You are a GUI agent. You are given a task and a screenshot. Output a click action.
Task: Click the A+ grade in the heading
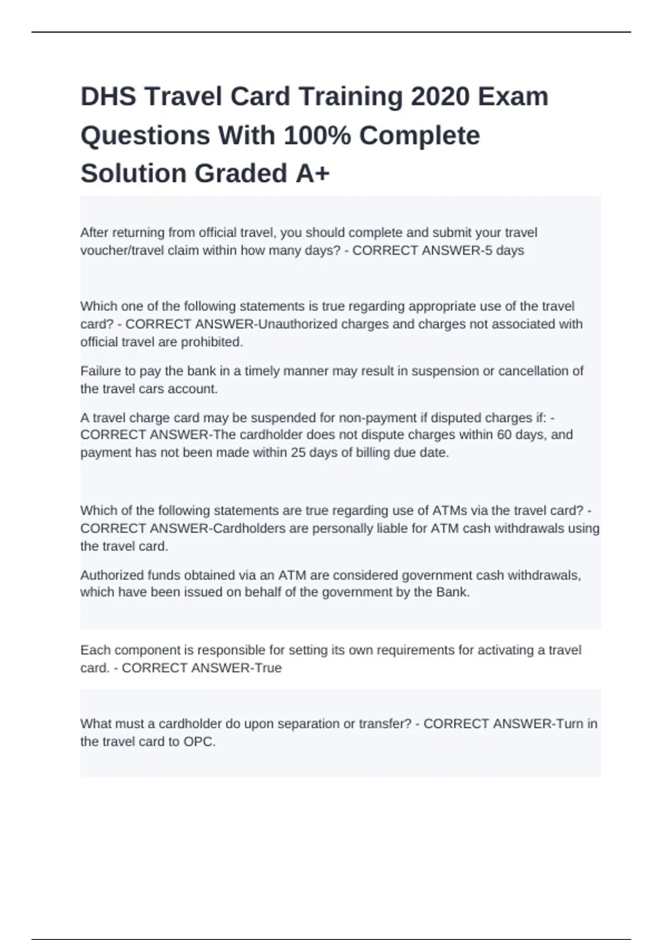[313, 174]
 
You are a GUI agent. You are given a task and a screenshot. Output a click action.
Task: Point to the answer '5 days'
[503, 250]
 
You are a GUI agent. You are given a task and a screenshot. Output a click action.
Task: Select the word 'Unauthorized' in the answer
[298, 324]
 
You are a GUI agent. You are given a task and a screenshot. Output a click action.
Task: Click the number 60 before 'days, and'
[504, 435]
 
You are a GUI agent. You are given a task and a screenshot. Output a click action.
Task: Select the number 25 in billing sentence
[298, 453]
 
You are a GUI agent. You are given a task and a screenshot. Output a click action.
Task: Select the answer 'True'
[268, 668]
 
